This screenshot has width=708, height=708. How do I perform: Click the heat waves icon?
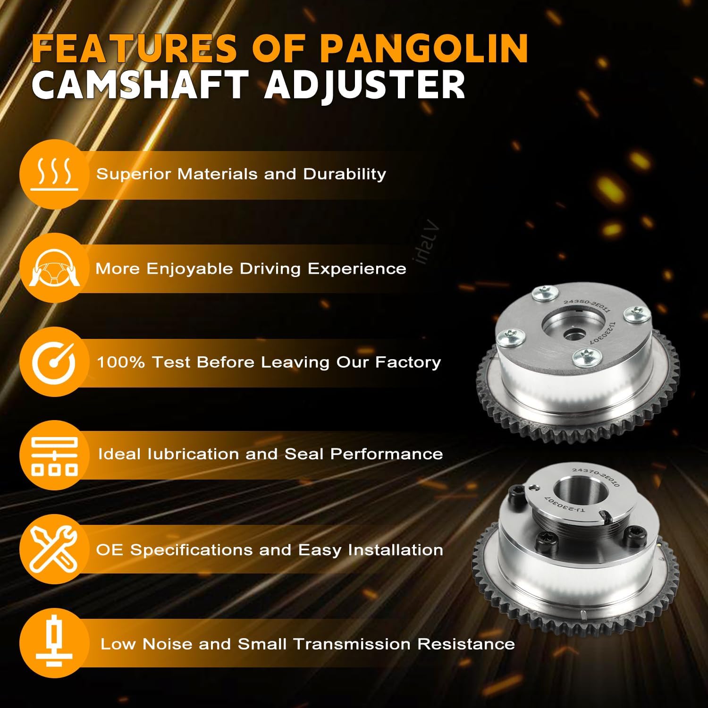pos(54,174)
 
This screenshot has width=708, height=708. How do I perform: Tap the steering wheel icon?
pos(54,268)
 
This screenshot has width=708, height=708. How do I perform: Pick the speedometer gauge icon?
pos(54,362)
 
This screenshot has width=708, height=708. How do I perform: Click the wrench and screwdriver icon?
pos(54,549)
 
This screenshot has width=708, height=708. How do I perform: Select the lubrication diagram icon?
pos(54,455)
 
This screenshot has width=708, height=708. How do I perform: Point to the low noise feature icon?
pos(54,643)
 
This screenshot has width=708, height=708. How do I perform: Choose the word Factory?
pos(408,362)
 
